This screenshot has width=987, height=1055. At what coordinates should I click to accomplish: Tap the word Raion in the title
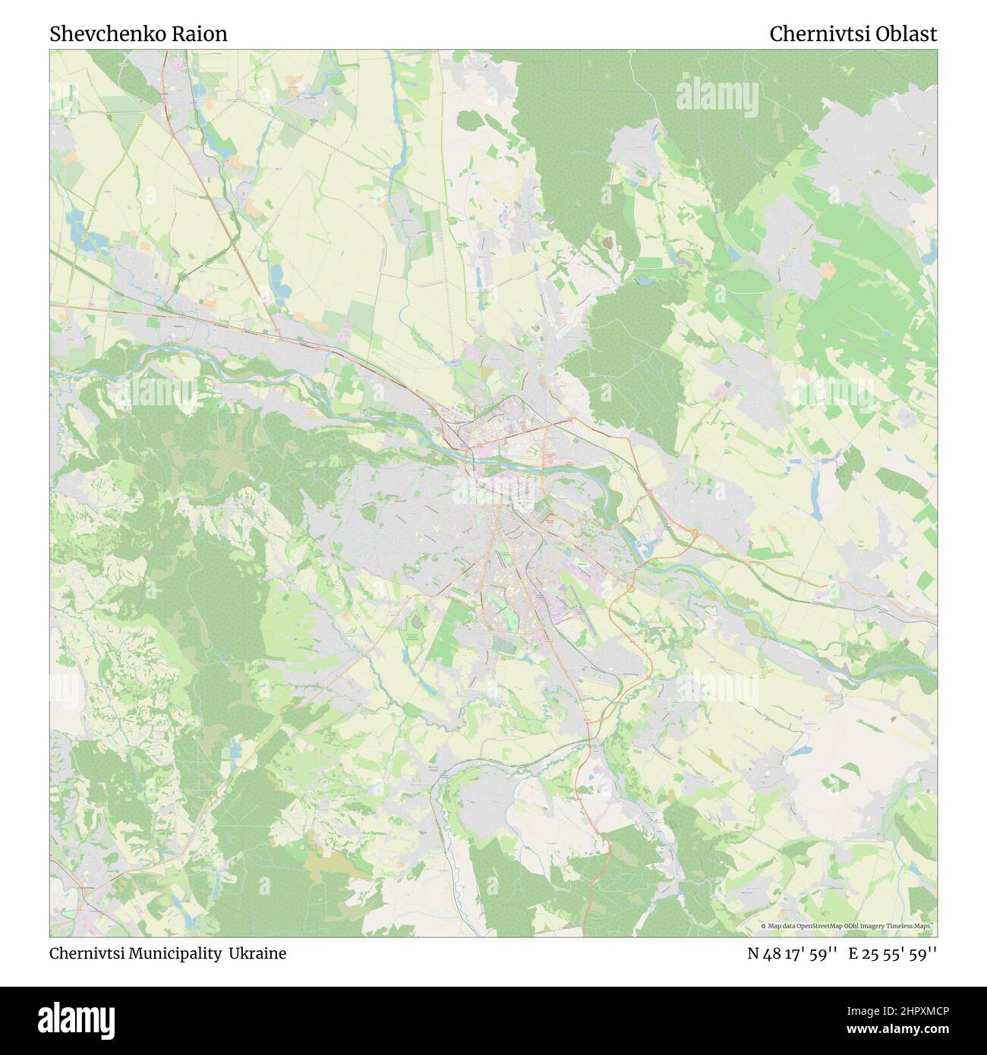[201, 34]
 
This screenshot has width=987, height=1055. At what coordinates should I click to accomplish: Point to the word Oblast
[910, 34]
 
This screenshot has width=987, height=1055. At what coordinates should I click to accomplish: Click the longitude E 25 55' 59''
[893, 953]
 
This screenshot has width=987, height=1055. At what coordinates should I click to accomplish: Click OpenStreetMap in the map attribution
[821, 926]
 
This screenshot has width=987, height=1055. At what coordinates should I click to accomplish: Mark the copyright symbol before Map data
[763, 926]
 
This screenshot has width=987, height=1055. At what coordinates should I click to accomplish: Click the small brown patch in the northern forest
[607, 241]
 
